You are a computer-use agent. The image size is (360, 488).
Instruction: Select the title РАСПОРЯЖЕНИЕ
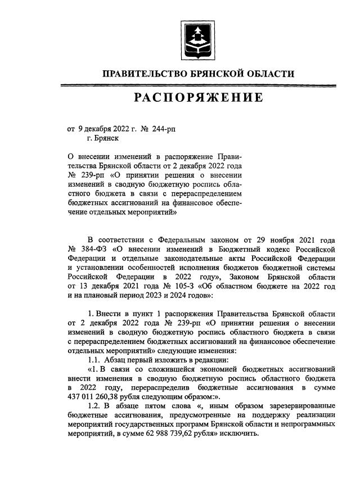pyautogui.click(x=199, y=98)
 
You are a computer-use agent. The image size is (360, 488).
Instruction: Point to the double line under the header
pyautogui.click(x=199, y=85)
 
